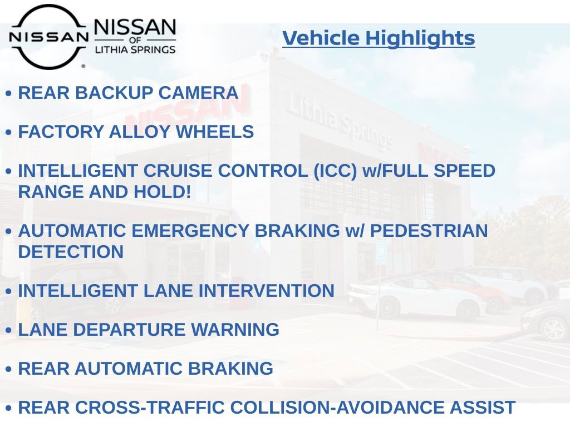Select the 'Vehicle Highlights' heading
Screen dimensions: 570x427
point(379,38)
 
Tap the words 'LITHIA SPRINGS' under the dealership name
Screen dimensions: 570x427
point(135,49)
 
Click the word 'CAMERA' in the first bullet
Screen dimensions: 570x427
point(198,93)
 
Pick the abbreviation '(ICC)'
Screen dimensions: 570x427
point(335,171)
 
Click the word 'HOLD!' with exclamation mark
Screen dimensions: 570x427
point(162,192)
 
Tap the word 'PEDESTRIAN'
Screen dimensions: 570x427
point(429,231)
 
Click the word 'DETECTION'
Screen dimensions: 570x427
point(71,252)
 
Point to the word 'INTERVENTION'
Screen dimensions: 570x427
point(266,291)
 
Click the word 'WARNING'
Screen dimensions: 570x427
point(235,330)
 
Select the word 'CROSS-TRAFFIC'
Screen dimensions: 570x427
point(150,408)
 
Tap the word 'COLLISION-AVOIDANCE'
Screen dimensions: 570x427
point(337,408)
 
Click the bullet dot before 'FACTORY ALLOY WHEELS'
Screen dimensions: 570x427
point(9,132)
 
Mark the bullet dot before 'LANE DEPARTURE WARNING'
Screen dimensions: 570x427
point(9,330)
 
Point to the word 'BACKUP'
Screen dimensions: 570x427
point(114,93)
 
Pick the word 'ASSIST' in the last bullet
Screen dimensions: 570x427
point(483,408)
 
